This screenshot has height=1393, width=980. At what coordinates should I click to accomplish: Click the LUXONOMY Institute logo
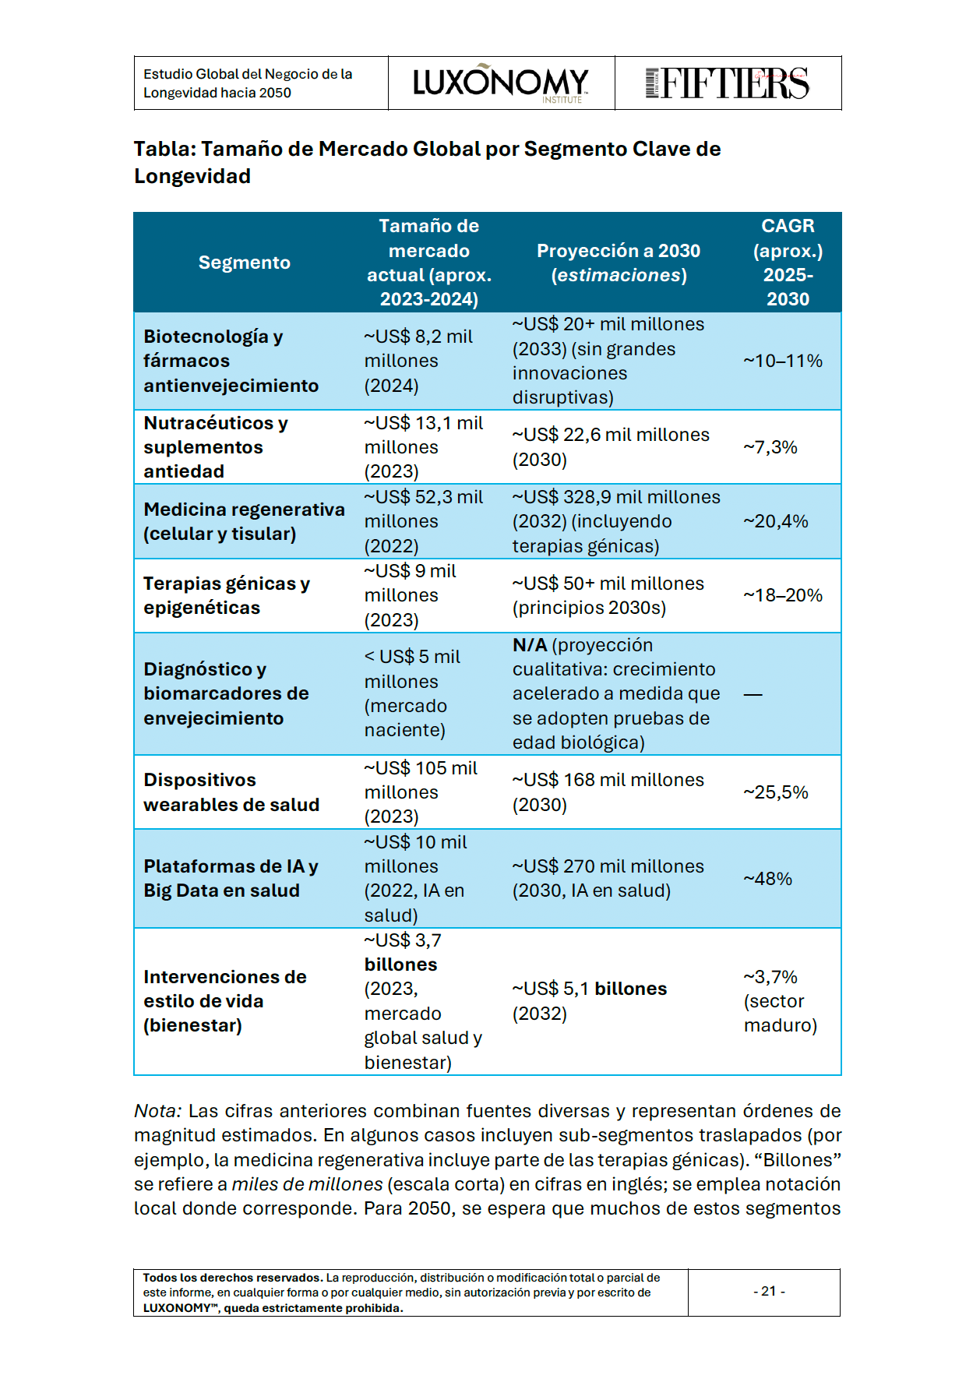tap(501, 83)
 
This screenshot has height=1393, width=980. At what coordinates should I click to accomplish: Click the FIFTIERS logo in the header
tap(728, 83)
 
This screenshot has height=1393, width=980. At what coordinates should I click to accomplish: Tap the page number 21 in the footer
tap(768, 1291)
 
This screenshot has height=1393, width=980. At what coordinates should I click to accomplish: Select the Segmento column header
tap(244, 263)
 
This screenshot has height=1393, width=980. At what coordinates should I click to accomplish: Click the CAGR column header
tap(788, 262)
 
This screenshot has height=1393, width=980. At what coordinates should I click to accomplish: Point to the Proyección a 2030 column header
tap(619, 263)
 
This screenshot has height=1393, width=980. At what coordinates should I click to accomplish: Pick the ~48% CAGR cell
tap(768, 879)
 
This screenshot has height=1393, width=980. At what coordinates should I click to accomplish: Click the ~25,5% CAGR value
tap(776, 792)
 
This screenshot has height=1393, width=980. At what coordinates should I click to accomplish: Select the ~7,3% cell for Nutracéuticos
tap(770, 447)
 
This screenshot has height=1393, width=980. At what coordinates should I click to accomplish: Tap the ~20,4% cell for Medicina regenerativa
tap(776, 521)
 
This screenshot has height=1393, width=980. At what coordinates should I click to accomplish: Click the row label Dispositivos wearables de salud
tap(231, 792)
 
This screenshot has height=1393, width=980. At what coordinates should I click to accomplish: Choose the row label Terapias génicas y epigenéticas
tap(227, 595)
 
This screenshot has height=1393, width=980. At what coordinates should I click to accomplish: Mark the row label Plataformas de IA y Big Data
tap(231, 878)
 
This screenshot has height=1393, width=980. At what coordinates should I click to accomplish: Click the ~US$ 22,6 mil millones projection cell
tap(611, 447)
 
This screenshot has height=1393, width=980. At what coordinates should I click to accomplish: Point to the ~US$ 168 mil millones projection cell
tap(608, 792)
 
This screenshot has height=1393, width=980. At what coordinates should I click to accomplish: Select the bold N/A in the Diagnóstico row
tap(530, 645)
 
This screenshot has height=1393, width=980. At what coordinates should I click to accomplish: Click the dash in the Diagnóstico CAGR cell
tap(753, 694)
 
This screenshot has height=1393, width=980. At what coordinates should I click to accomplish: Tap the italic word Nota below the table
tap(157, 1111)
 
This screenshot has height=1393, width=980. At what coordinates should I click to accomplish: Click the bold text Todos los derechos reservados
tap(232, 1278)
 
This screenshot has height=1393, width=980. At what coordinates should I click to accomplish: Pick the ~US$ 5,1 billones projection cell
tap(589, 1001)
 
